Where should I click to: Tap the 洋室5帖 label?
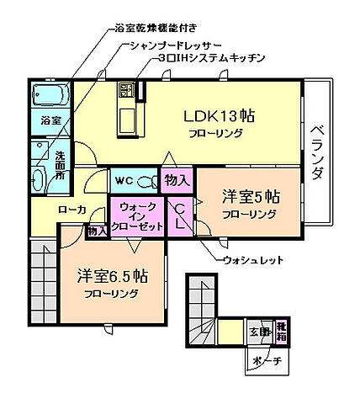click(x=250, y=198)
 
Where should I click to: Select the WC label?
click(x=123, y=180)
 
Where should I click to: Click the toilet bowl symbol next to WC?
click(x=147, y=180)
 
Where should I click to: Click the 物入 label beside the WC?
click(x=177, y=179)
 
